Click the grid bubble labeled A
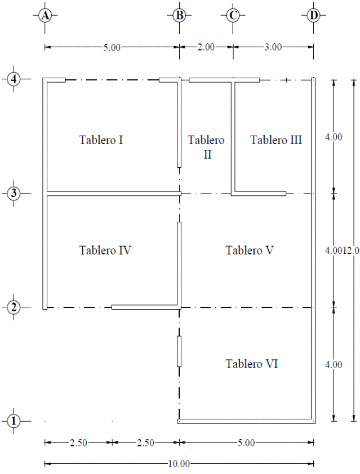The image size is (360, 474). [45, 15]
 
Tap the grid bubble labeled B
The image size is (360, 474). [179, 15]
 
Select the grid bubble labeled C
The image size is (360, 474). [233, 15]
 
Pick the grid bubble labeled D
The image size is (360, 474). [313, 15]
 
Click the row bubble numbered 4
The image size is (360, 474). [14, 79]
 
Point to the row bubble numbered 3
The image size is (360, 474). [14, 193]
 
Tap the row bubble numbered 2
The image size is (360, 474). [14, 307]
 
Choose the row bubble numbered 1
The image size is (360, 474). [14, 421]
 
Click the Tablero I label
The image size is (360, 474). [101, 140]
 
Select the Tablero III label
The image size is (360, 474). [276, 140]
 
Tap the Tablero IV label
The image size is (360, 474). [105, 251]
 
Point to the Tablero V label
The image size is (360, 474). [250, 251]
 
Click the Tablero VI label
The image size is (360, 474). [252, 364]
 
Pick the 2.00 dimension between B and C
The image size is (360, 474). [206, 47]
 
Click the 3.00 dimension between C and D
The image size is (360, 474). [273, 47]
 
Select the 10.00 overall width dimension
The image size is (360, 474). [179, 464]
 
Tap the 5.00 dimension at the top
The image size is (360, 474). [112, 47]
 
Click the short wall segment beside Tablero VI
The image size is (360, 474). [179, 351]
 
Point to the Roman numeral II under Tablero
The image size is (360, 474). [207, 154]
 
